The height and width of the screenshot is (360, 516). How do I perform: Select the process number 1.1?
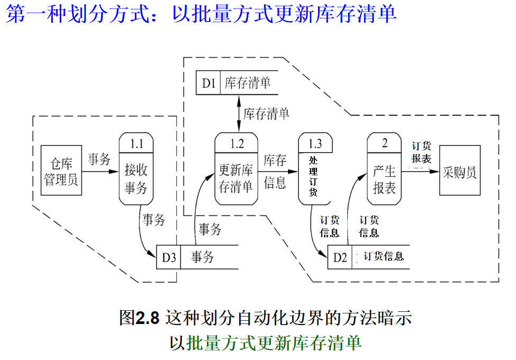tap(137, 142)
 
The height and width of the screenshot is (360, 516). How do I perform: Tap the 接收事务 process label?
tap(136, 179)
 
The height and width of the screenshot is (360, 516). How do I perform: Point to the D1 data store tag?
tap(209, 83)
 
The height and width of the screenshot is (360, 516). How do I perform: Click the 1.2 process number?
tap(237, 142)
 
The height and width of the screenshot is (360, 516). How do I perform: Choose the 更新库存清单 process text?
tap(236, 178)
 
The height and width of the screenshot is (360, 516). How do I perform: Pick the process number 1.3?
tap(315, 142)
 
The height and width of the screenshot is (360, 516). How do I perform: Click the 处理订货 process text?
tap(313, 176)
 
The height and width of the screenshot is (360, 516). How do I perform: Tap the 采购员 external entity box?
tap(459, 173)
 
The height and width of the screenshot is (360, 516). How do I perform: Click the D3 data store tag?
tap(169, 257)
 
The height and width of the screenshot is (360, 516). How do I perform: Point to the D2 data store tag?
tap(340, 257)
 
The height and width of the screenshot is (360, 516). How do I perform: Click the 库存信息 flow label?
tap(275, 171)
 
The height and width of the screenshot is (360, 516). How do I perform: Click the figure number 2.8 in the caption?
tap(147, 318)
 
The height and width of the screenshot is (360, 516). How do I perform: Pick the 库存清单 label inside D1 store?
tap(248, 83)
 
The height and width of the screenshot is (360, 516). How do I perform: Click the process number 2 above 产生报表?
tap(385, 142)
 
